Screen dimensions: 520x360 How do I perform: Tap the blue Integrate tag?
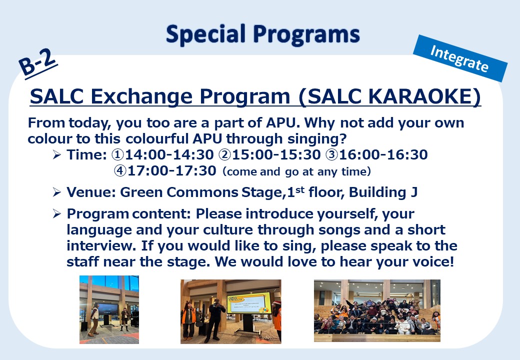click(460, 58)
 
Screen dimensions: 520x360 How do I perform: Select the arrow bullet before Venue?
click(56, 192)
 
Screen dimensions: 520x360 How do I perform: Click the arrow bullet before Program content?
click(56, 214)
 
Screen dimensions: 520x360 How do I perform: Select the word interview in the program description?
click(101, 246)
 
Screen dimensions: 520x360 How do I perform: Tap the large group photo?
click(377, 310)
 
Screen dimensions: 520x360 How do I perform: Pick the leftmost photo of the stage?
click(109, 309)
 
